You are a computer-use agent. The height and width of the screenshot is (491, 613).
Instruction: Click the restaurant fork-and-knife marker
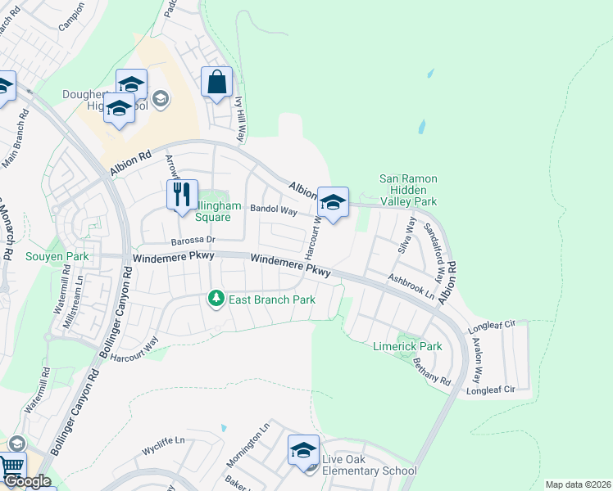pos(182,196)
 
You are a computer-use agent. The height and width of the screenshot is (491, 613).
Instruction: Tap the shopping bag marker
pos(216,83)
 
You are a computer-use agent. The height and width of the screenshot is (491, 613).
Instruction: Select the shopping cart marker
pos(11,467)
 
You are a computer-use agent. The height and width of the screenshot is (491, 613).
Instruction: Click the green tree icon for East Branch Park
pos(216,300)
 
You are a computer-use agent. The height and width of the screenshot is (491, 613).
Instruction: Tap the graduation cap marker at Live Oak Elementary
pos(303,450)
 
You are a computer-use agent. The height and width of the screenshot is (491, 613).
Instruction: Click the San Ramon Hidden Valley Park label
pos(408,190)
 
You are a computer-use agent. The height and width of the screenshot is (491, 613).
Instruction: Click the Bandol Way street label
pos(273,210)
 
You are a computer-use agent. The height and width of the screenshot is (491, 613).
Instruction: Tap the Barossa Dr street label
pos(192,241)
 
